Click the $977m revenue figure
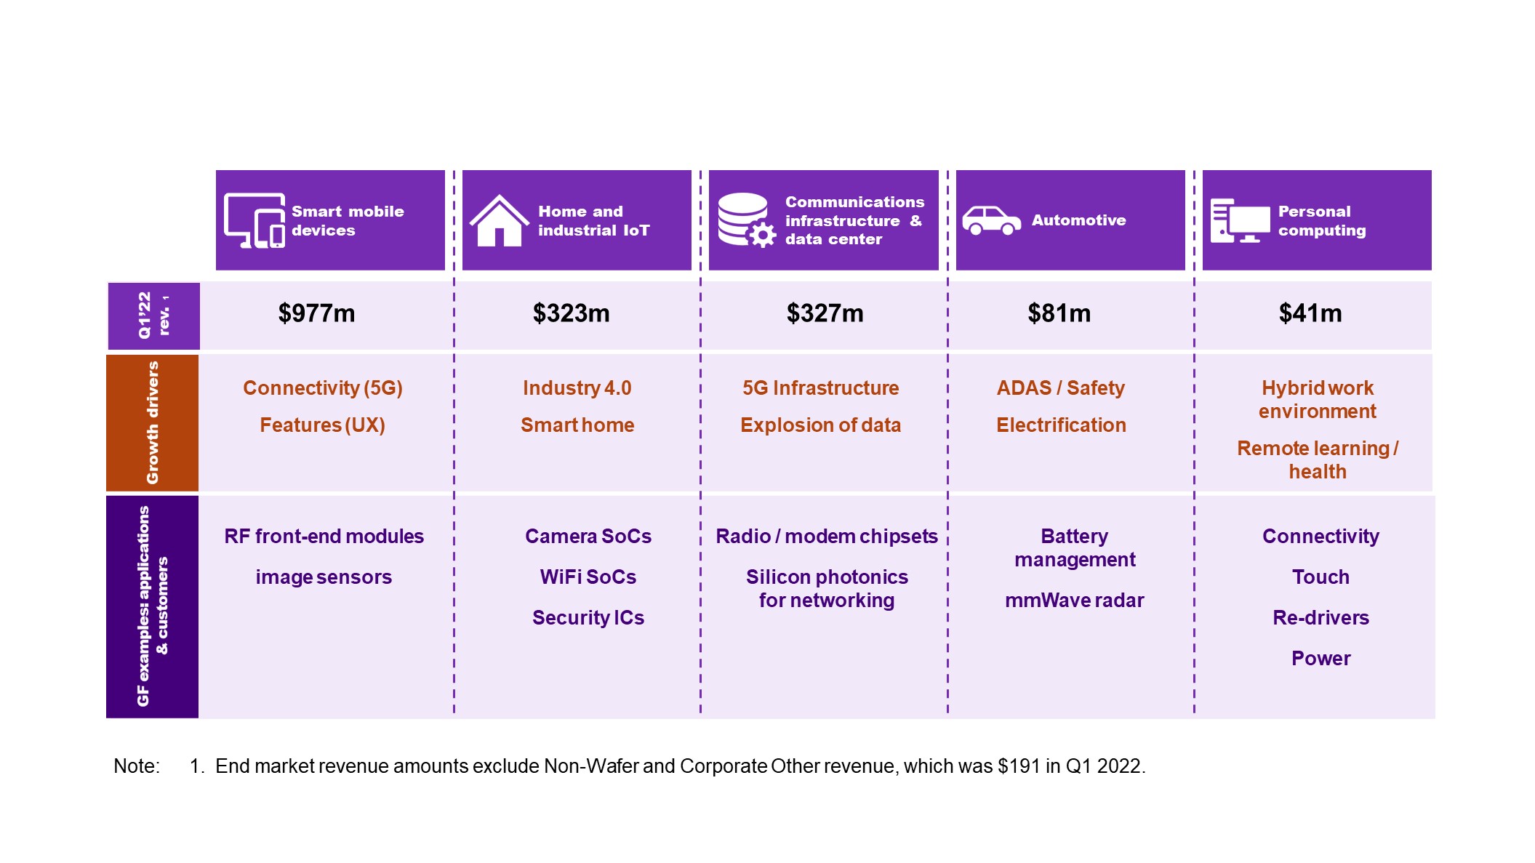click(x=316, y=313)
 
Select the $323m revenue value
click(x=571, y=313)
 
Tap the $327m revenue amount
click(x=825, y=313)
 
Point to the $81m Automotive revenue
click(x=1059, y=313)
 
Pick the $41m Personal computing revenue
click(x=1310, y=313)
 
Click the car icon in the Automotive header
click(x=991, y=220)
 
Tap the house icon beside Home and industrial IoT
click(x=499, y=220)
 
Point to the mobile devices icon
click(x=255, y=220)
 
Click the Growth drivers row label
click(x=152, y=422)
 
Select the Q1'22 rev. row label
click(x=153, y=316)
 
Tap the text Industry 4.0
click(x=577, y=388)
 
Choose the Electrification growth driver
click(x=1061, y=425)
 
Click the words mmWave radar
click(x=1074, y=601)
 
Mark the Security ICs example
click(x=588, y=618)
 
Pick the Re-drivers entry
click(x=1320, y=618)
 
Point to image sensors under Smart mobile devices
click(x=324, y=577)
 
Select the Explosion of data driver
click(x=820, y=425)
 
